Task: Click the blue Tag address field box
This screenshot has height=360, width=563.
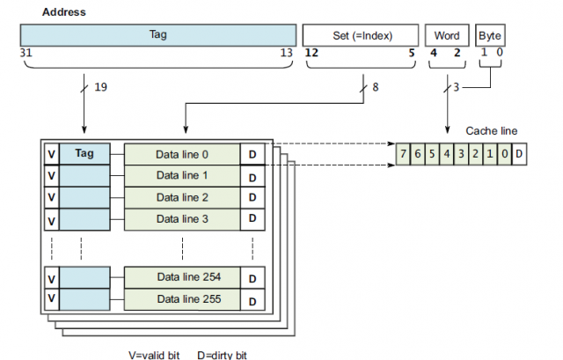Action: (x=157, y=35)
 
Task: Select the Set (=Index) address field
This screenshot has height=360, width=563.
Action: (x=361, y=35)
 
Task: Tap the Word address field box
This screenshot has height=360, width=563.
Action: (x=447, y=35)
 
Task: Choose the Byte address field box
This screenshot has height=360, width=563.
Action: (x=491, y=35)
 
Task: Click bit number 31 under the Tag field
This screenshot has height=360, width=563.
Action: (x=25, y=53)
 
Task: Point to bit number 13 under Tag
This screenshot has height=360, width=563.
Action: (x=287, y=53)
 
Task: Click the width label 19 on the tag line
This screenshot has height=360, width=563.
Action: (x=100, y=86)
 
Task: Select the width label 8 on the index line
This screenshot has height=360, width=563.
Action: (x=377, y=86)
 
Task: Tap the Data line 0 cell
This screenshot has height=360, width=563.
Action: (x=182, y=153)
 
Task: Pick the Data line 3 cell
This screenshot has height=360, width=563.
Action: (x=182, y=217)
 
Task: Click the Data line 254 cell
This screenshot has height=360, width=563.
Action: (x=182, y=276)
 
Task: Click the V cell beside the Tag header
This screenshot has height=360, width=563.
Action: (x=52, y=153)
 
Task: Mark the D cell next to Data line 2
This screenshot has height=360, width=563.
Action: (x=252, y=197)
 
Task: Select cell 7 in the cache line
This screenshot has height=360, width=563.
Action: (x=403, y=154)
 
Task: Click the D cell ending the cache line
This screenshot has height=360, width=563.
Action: (x=520, y=154)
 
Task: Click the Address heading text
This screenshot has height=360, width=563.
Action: (x=63, y=12)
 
